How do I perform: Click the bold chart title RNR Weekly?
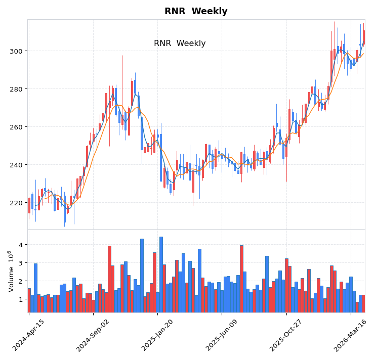[196, 11]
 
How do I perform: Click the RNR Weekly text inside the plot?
[180, 43]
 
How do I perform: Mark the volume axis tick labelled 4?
[21, 245]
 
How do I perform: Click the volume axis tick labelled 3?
[21, 263]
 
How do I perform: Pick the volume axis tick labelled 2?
[21, 281]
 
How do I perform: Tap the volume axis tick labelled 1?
[21, 299]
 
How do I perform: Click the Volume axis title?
[10, 271]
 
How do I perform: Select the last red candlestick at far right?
[363, 37]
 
